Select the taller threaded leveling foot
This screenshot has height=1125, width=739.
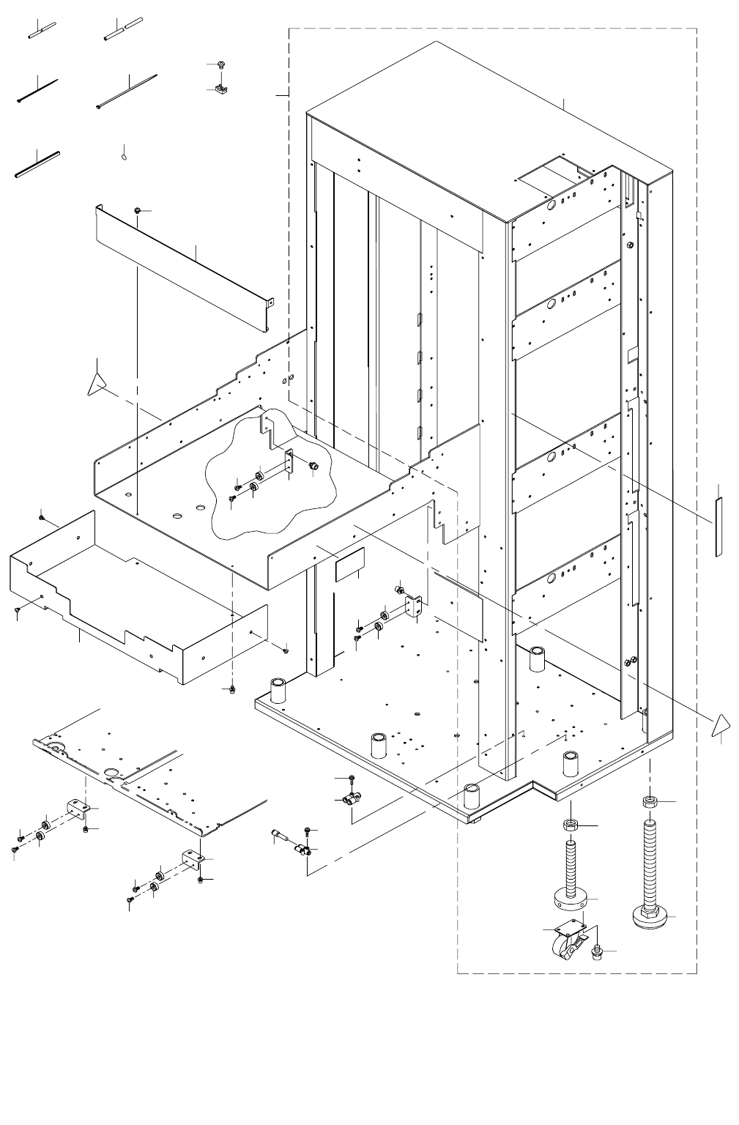pos(650,872)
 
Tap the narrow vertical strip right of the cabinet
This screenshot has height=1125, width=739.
pos(718,526)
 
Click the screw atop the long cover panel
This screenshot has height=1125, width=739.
pos(138,211)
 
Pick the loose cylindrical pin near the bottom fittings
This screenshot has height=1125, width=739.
pos(283,836)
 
